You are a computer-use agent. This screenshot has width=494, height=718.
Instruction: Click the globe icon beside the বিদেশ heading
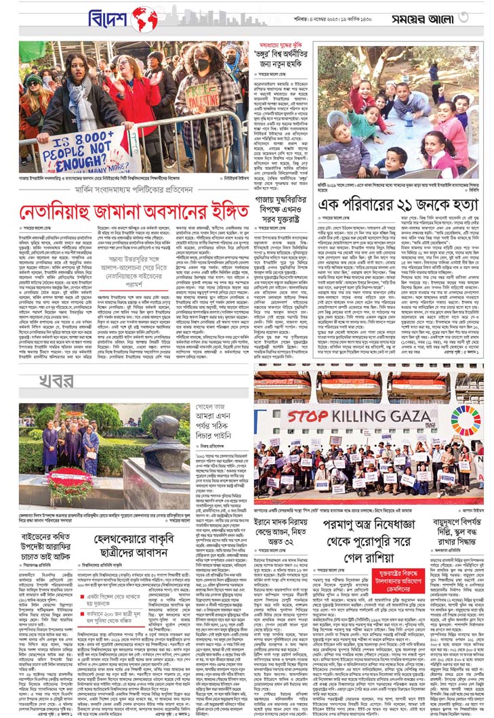(144, 19)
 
